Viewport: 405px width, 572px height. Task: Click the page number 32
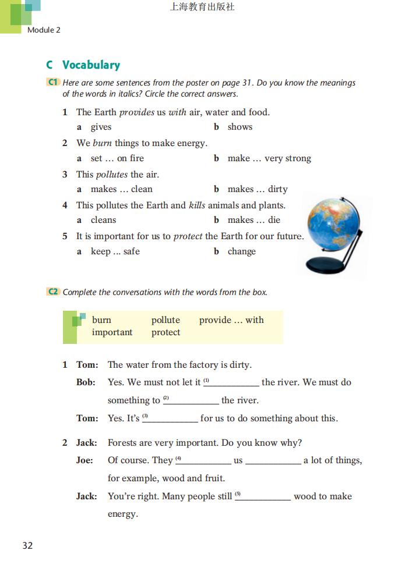click(27, 545)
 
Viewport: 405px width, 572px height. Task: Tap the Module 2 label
click(44, 30)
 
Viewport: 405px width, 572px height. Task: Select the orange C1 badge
click(53, 83)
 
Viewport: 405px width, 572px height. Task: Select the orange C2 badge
click(53, 292)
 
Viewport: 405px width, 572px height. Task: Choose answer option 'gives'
click(101, 127)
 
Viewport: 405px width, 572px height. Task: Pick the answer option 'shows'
click(240, 127)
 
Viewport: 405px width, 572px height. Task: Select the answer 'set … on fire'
click(117, 158)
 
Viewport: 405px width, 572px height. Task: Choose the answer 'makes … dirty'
click(257, 189)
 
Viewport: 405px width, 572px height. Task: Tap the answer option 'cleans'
click(103, 220)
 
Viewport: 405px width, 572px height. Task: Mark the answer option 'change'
click(241, 251)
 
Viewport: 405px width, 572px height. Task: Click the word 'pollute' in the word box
click(165, 320)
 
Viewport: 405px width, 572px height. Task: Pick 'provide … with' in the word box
click(231, 320)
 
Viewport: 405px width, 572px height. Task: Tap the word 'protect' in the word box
click(165, 332)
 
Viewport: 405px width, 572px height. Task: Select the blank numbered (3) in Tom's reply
click(174, 418)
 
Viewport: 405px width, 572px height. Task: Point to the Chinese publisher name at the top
click(202, 8)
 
